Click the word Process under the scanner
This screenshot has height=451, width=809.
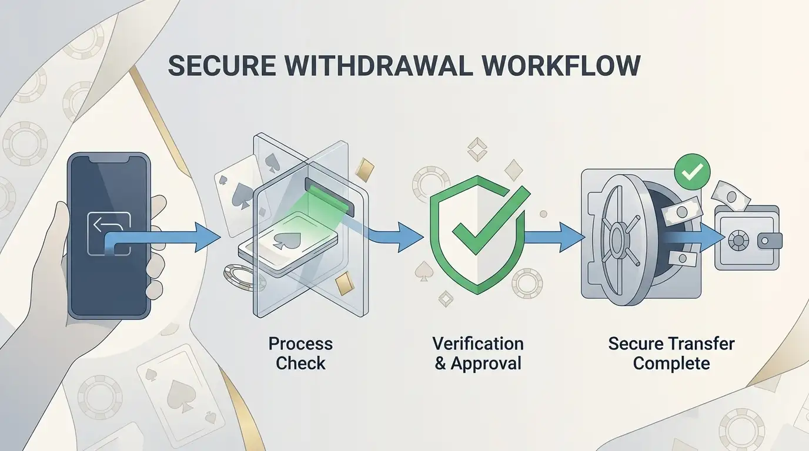tap(300, 344)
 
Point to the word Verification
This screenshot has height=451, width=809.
tap(478, 344)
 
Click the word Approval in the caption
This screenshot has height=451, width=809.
tap(486, 364)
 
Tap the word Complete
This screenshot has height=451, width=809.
tap(671, 364)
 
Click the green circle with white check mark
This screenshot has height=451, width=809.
tap(692, 171)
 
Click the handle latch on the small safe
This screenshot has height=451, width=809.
tap(770, 241)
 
